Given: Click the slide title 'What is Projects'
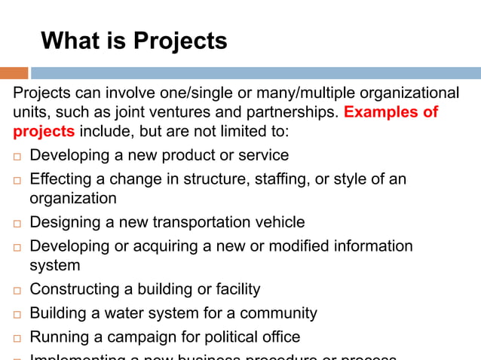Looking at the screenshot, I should pyautogui.click(x=133, y=40).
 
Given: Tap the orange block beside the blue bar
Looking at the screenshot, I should pyautogui.click(x=14, y=73).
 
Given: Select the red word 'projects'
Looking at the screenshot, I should pyautogui.click(x=44, y=131).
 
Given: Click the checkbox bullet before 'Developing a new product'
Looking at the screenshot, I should pyautogui.click(x=17, y=157).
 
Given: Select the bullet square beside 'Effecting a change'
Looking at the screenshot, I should pyautogui.click(x=17, y=181).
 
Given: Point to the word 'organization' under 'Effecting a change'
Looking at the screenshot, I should pyautogui.click(x=73, y=198).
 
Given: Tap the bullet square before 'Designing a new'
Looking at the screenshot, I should pyautogui.click(x=17, y=224).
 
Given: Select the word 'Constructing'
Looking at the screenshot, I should pyautogui.click(x=74, y=289).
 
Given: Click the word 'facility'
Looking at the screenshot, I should pyautogui.click(x=235, y=289).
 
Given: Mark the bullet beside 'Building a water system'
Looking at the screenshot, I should pyautogui.click(x=17, y=314).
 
